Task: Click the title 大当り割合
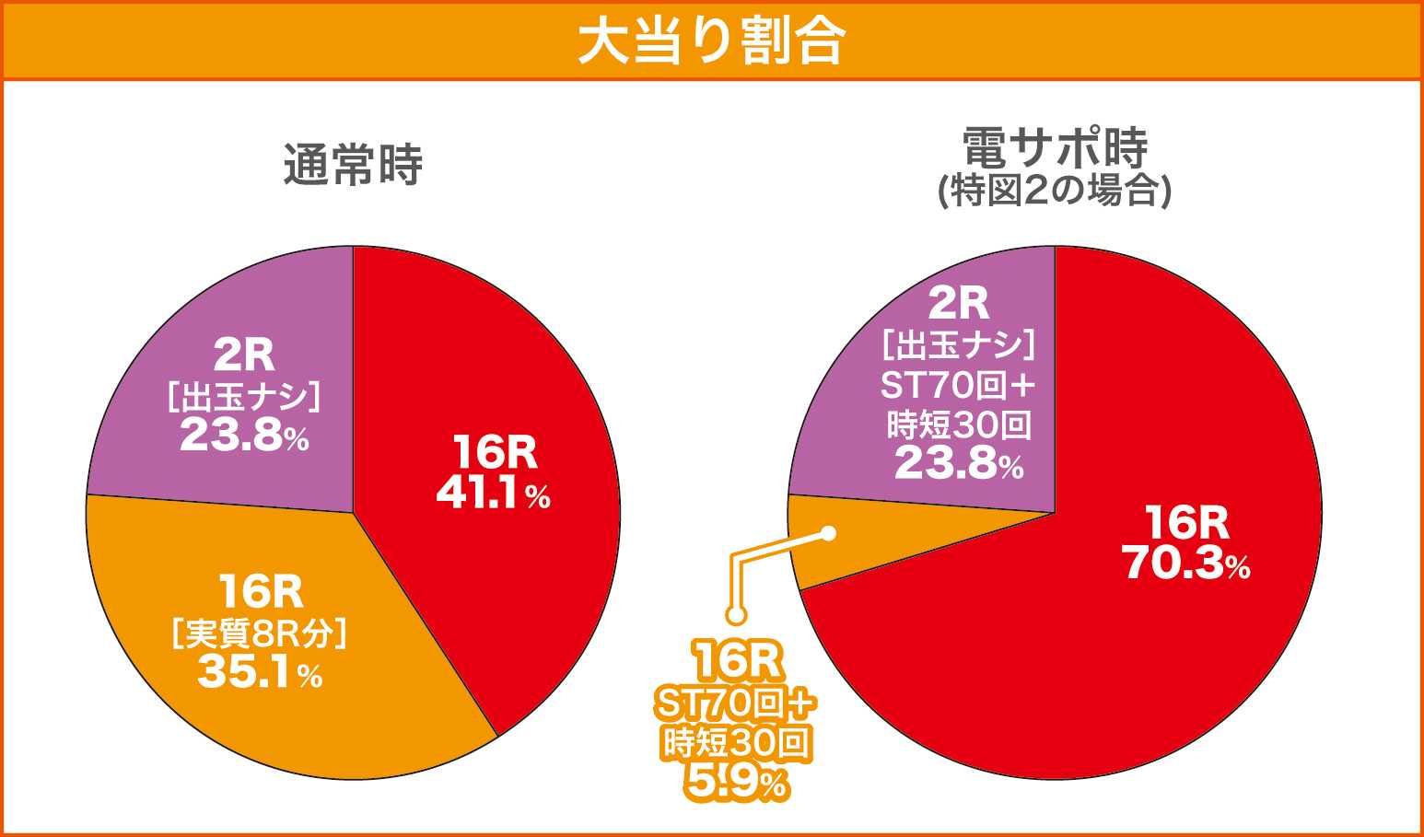[x=711, y=41]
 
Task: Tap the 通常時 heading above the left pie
[x=353, y=166]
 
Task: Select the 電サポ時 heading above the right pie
[x=1055, y=147]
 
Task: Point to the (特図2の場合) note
[x=1055, y=191]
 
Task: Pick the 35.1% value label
[x=260, y=673]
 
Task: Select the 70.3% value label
[x=1186, y=564]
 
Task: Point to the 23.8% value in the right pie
[x=959, y=464]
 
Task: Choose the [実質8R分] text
[x=260, y=634]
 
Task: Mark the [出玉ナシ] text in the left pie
[x=244, y=397]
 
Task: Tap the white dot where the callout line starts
[x=828, y=533]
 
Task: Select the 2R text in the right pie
[x=959, y=303]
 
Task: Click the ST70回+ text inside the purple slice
[x=959, y=385]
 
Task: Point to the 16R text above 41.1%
[x=495, y=453]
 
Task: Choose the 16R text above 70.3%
[x=1186, y=523]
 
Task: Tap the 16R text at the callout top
[x=737, y=661]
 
